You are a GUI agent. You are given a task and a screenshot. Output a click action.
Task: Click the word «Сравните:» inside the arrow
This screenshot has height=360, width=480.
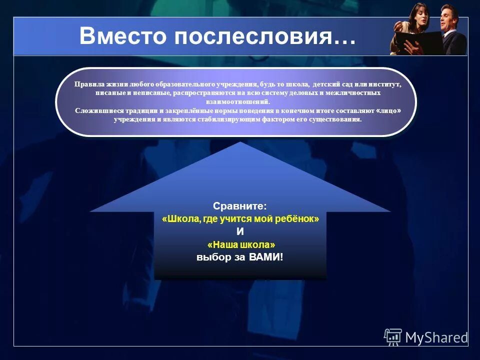click(240, 206)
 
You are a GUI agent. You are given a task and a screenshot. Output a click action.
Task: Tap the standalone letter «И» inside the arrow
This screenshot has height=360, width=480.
click(240, 232)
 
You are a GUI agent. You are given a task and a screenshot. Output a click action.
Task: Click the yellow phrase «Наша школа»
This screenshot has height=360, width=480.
click(240, 245)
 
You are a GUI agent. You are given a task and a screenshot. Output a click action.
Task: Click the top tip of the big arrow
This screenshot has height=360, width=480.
click(240, 143)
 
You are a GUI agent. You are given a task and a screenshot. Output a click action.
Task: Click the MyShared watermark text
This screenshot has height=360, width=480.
click(436, 336)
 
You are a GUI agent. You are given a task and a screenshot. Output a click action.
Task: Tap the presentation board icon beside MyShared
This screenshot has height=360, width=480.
click(393, 336)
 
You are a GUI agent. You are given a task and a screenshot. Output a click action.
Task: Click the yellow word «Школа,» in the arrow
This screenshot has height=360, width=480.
click(181, 219)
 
